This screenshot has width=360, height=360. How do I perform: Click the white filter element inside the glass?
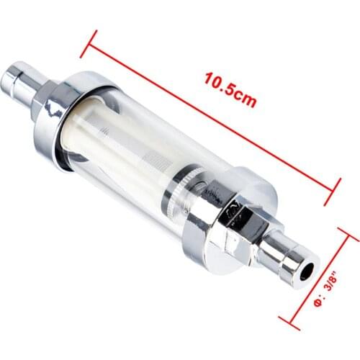click(x=119, y=155)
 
